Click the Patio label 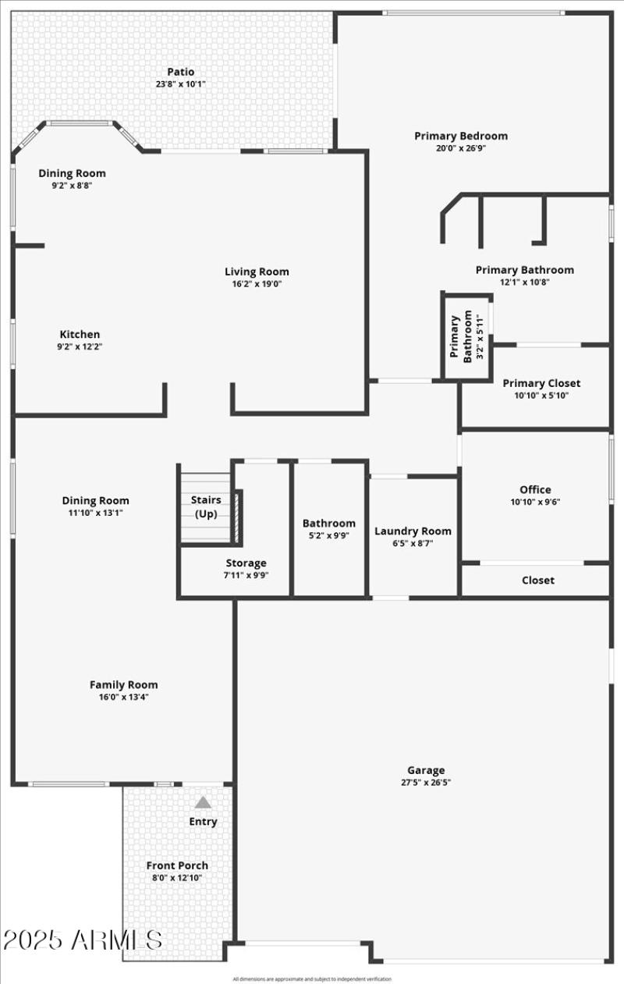(x=180, y=72)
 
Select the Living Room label (x=257, y=272)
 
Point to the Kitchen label (x=80, y=334)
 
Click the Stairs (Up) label (x=206, y=506)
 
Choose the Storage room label (x=246, y=563)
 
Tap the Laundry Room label (x=413, y=531)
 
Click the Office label (x=535, y=489)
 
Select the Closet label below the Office (x=538, y=580)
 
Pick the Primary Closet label (x=541, y=383)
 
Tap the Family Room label (x=123, y=684)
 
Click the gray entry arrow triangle (x=203, y=801)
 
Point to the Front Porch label (x=177, y=865)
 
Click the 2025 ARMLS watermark (x=83, y=940)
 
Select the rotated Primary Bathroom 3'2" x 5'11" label (x=462, y=336)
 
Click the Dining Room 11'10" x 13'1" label (x=96, y=506)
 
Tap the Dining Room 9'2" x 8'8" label (x=72, y=179)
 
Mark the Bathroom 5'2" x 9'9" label (x=328, y=529)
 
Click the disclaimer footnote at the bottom (x=312, y=979)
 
